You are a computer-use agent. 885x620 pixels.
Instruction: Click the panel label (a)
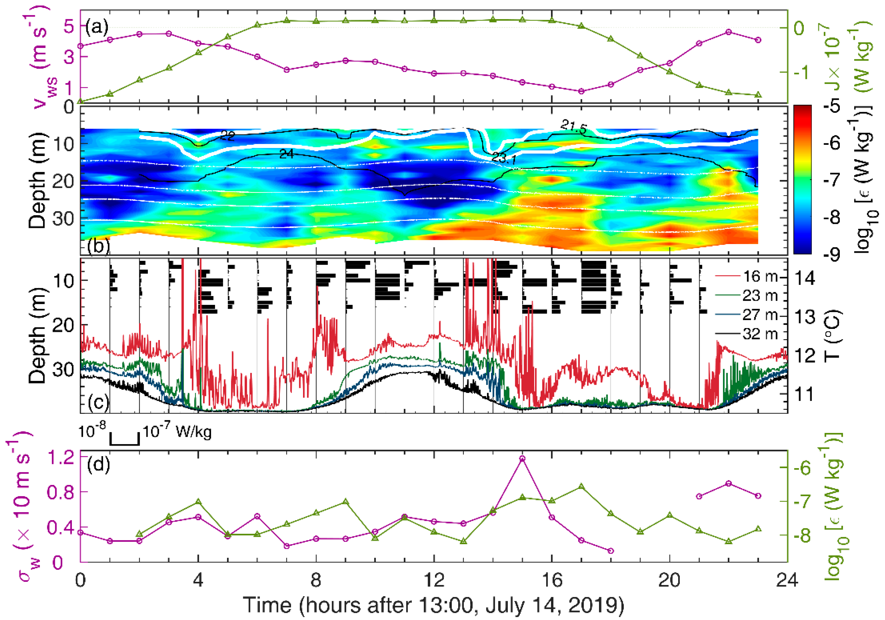(x=97, y=28)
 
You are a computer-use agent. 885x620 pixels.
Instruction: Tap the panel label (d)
(x=98, y=465)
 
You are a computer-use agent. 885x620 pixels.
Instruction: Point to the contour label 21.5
(x=573, y=127)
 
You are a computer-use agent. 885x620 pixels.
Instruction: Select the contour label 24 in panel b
(x=286, y=154)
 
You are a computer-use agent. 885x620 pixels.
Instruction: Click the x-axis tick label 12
(x=434, y=580)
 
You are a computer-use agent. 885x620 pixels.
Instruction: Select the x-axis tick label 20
(x=669, y=580)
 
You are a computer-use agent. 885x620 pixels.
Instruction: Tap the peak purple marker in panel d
(x=522, y=458)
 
